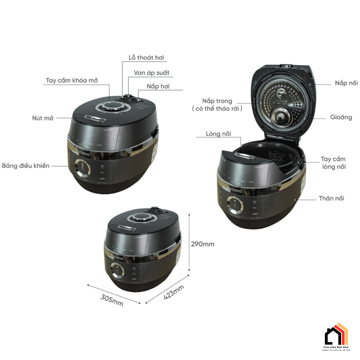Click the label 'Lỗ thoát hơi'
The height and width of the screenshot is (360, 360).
point(146,58)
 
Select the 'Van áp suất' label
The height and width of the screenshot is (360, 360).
point(151,73)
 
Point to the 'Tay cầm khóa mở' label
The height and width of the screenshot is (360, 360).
point(71,80)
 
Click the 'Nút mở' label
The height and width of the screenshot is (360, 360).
point(43,118)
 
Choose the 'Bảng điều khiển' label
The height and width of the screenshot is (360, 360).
point(26,165)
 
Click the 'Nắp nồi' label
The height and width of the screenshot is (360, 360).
point(346,83)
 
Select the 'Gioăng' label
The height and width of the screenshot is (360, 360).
point(341,117)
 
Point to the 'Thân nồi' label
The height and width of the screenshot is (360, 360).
point(331,198)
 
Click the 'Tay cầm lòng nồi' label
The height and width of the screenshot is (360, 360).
point(333,163)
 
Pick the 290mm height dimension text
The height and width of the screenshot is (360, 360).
point(202,244)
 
